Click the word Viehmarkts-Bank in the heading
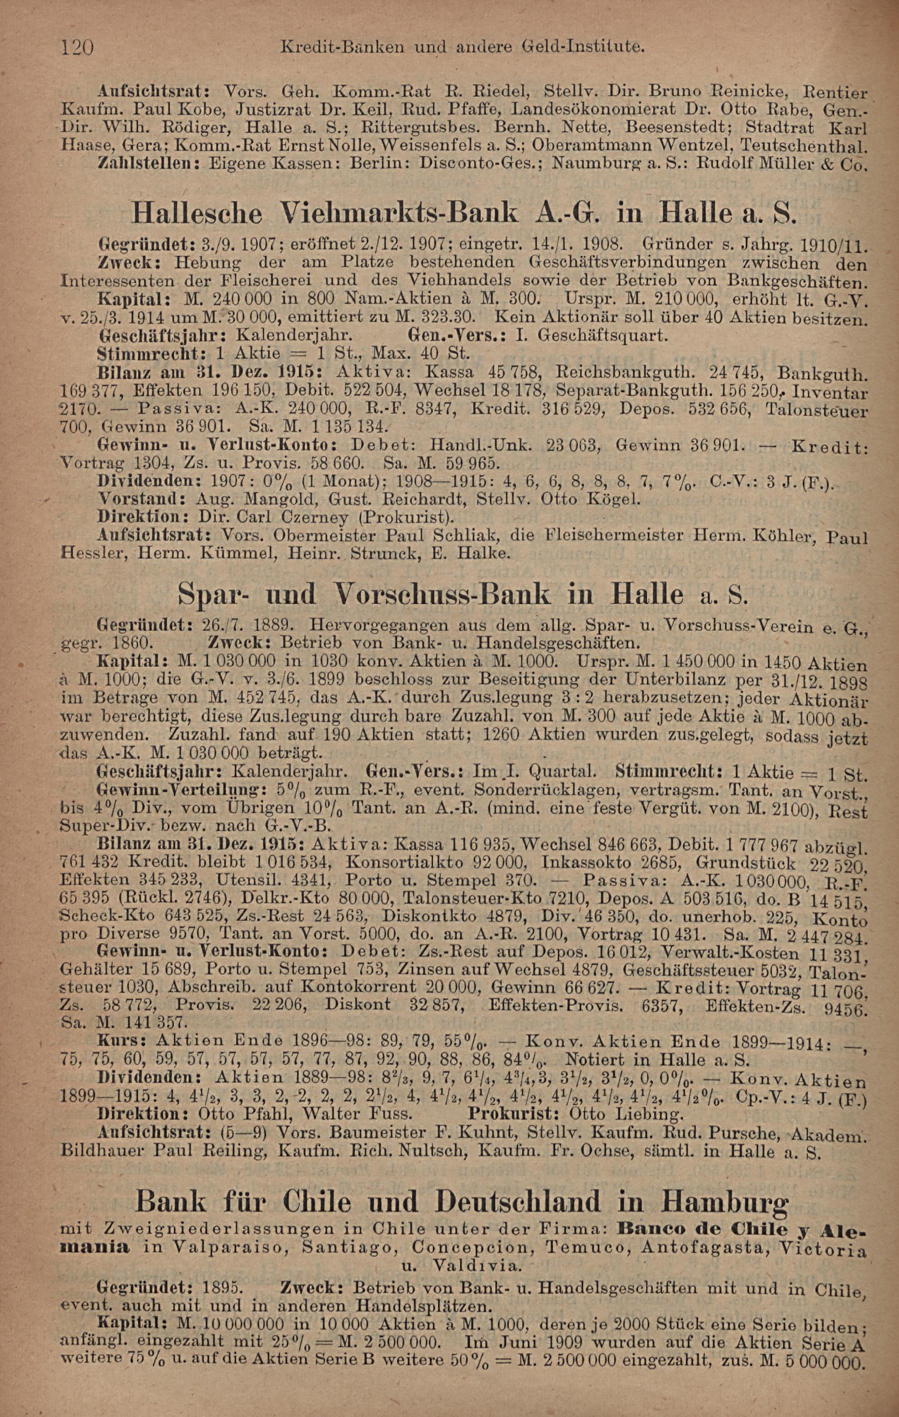point(391,213)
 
